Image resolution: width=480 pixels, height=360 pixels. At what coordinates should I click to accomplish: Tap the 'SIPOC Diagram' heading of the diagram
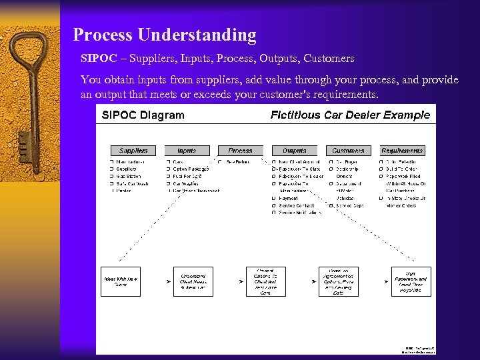[x=143, y=115]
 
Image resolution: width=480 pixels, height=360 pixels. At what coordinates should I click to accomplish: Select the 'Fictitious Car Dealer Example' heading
[x=350, y=115]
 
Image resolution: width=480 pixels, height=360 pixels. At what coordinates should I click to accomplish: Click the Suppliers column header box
[x=133, y=151]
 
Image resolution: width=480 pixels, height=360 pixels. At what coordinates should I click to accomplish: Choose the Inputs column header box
[x=187, y=151]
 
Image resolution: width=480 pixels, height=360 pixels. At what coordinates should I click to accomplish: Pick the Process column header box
[x=240, y=151]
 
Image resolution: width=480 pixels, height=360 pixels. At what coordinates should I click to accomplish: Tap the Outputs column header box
[x=294, y=151]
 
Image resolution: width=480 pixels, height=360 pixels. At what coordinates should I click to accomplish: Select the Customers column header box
[x=348, y=151]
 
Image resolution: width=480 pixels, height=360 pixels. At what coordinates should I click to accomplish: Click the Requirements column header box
[x=402, y=151]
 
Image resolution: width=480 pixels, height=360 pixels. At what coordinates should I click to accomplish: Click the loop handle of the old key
[x=30, y=60]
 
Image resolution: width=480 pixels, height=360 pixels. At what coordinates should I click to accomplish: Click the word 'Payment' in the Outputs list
[x=289, y=198]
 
